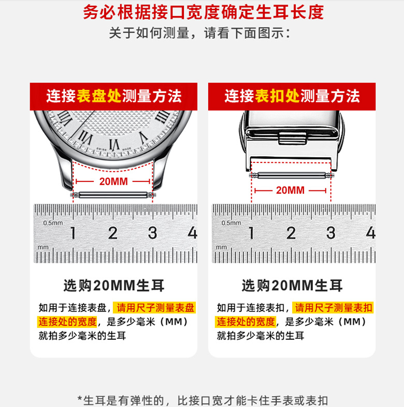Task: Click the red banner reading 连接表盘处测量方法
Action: coord(113,96)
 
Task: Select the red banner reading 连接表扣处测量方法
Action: coord(292,96)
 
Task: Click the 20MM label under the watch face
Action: coord(113,182)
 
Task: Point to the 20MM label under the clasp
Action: coord(290,190)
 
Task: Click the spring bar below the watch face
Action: coord(113,195)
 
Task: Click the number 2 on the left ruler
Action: coord(112,233)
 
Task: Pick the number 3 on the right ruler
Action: coord(331,233)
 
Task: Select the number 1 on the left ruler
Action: coord(73,233)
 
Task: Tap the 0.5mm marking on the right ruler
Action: coord(231,223)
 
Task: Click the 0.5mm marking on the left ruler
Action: coord(53,223)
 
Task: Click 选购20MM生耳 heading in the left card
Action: coord(113,285)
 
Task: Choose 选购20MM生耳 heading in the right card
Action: coord(292,285)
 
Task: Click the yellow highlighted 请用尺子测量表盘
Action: coord(155,308)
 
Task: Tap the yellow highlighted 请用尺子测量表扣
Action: coord(333,308)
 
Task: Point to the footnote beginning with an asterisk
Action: coord(202,400)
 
